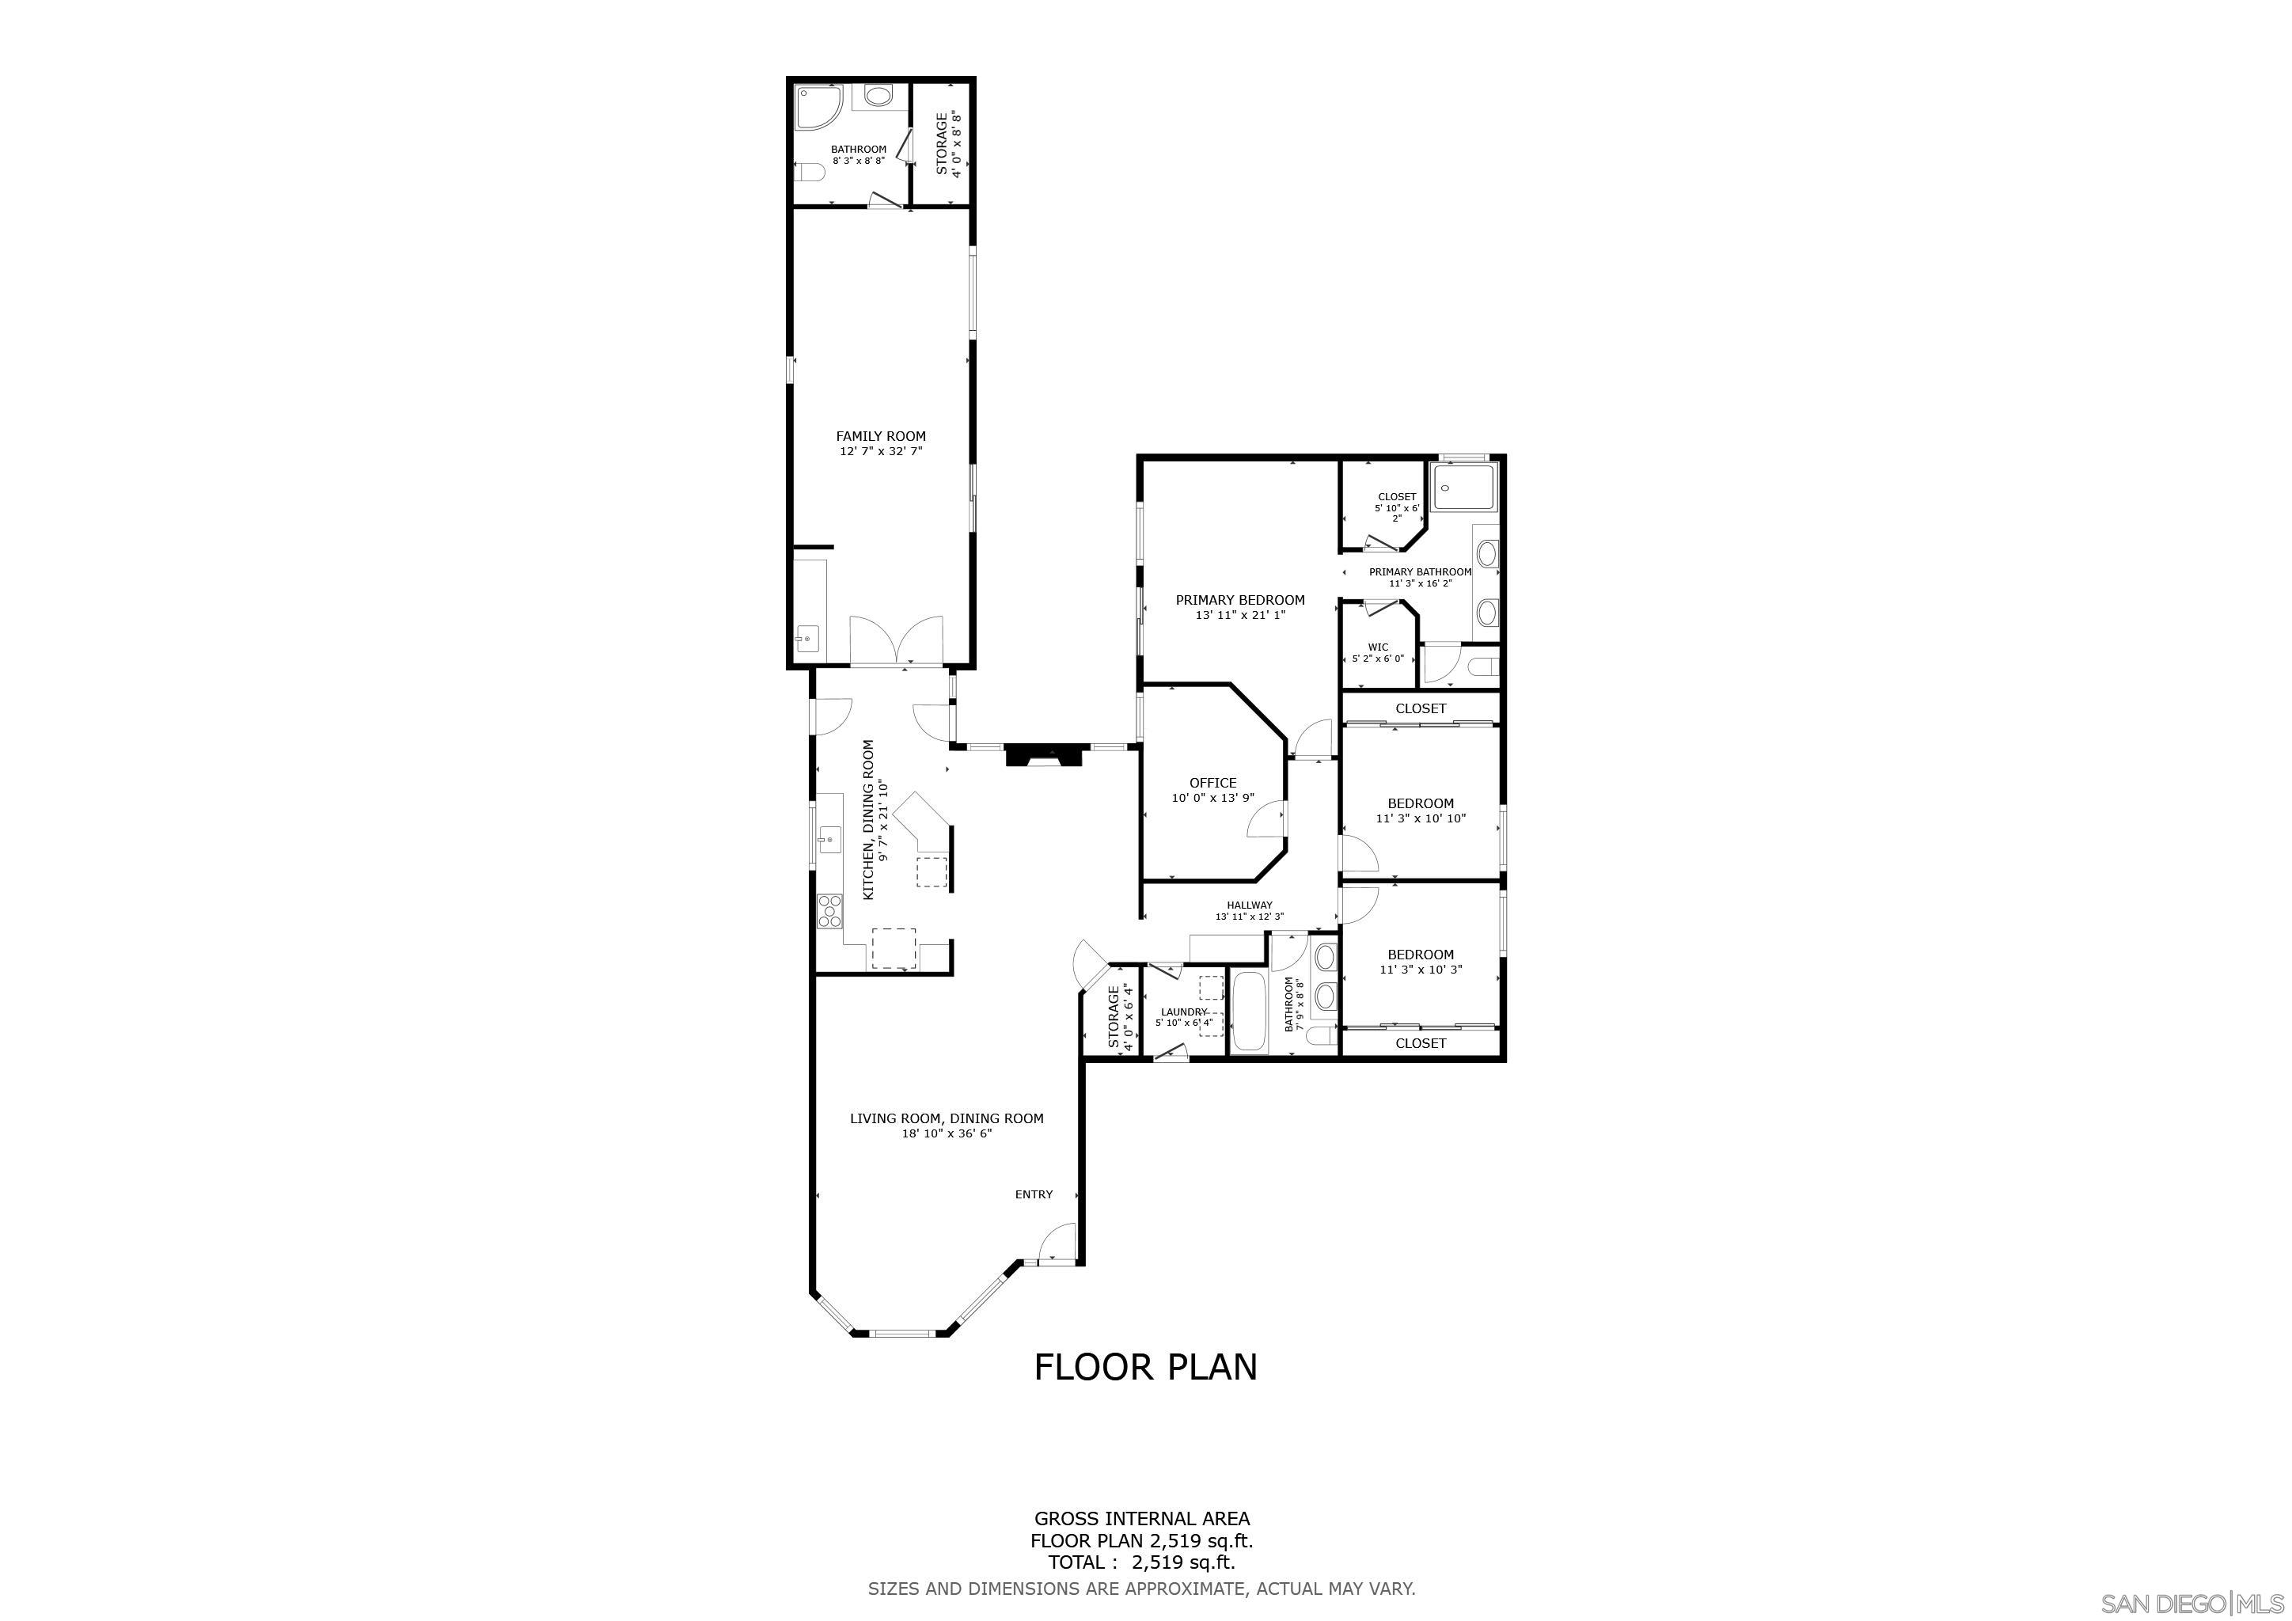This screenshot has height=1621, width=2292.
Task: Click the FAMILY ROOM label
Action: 879,436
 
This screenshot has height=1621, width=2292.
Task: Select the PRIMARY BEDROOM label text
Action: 1240,600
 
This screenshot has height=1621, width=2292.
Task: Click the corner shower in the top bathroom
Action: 817,108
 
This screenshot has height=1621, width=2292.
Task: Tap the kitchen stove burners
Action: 829,909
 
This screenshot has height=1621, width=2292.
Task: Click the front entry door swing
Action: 1056,1246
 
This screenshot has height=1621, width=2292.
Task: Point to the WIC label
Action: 1378,647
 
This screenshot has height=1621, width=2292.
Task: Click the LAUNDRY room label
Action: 1184,1012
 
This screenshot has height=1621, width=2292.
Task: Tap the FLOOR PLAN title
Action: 1145,1368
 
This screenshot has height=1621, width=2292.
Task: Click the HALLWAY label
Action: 1249,905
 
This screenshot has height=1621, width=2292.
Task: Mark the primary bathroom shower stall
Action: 1464,486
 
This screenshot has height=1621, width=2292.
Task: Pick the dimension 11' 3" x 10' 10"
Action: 1420,818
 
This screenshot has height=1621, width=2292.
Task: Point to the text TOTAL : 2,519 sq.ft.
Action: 1141,1563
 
